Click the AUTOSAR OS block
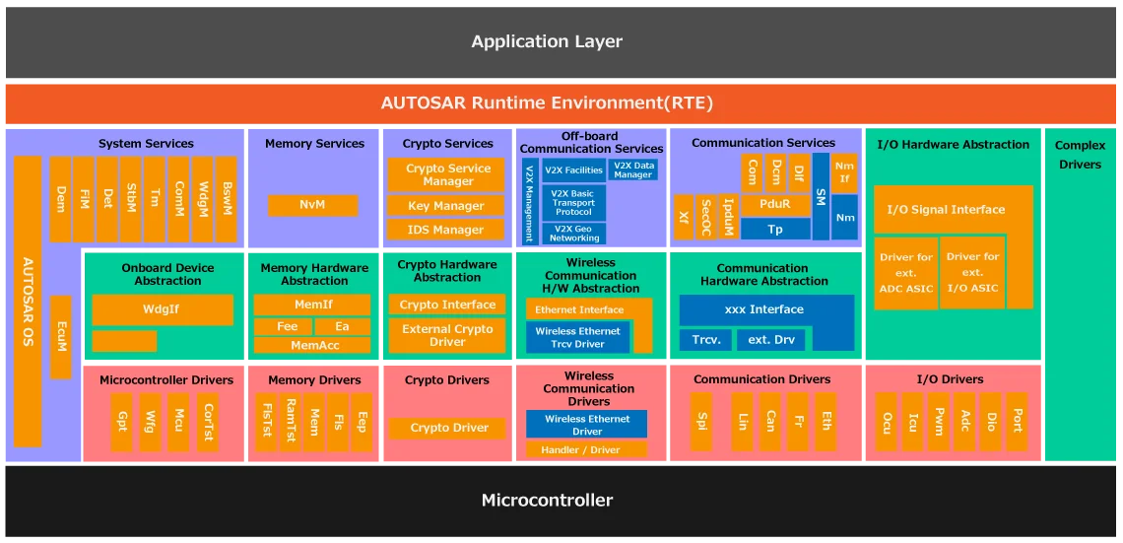[28, 301]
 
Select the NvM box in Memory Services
[312, 205]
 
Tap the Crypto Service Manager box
[448, 174]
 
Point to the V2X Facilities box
[573, 170]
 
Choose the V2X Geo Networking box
[573, 234]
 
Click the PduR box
[775, 205]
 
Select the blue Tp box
[775, 229]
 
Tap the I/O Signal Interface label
[946, 210]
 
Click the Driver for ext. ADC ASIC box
[905, 273]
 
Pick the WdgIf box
[162, 309]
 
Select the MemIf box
[312, 305]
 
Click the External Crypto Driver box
[447, 336]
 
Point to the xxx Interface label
[764, 309]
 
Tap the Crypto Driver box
[448, 428]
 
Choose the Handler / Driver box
[586, 450]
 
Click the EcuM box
[61, 337]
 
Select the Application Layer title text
[547, 41]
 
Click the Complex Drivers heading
[1081, 155]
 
